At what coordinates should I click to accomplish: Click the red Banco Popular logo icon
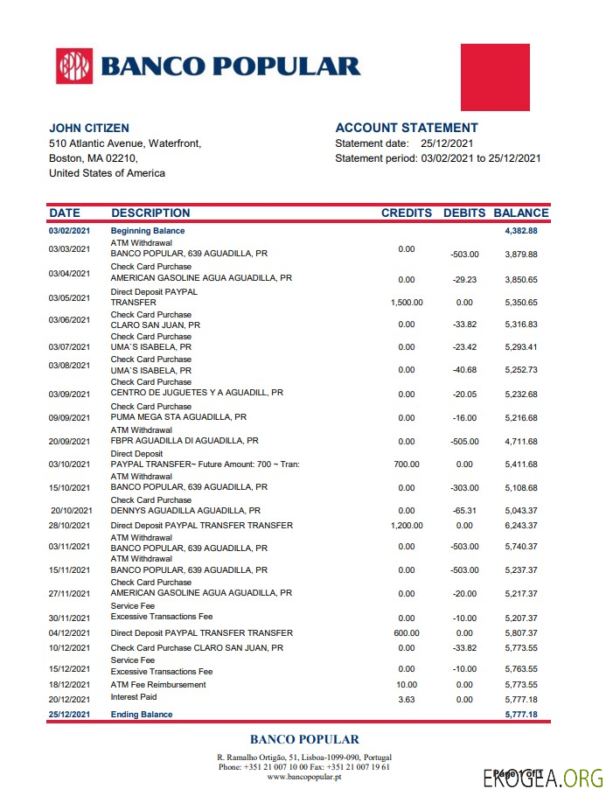[x=74, y=66]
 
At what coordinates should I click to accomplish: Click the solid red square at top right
[x=495, y=77]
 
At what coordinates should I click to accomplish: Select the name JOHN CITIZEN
[x=89, y=128]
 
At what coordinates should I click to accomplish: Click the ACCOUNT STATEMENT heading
[x=407, y=128]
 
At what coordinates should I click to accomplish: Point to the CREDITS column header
[x=407, y=213]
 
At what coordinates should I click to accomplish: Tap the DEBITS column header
[x=463, y=213]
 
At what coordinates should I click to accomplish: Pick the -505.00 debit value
[x=464, y=442]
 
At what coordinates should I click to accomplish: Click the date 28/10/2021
[x=69, y=526]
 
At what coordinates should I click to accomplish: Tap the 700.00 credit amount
[x=407, y=464]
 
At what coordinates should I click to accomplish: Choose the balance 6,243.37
[x=520, y=526]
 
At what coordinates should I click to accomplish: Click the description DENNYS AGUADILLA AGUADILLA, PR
[x=185, y=511]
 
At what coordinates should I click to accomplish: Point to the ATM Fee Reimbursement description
[x=158, y=685]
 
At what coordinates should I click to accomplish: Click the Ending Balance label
[x=142, y=715]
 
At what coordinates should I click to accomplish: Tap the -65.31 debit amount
[x=464, y=511]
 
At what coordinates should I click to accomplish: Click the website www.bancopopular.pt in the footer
[x=304, y=777]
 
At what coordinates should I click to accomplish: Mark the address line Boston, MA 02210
[x=93, y=158]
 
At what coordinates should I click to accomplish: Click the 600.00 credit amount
[x=407, y=633]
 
